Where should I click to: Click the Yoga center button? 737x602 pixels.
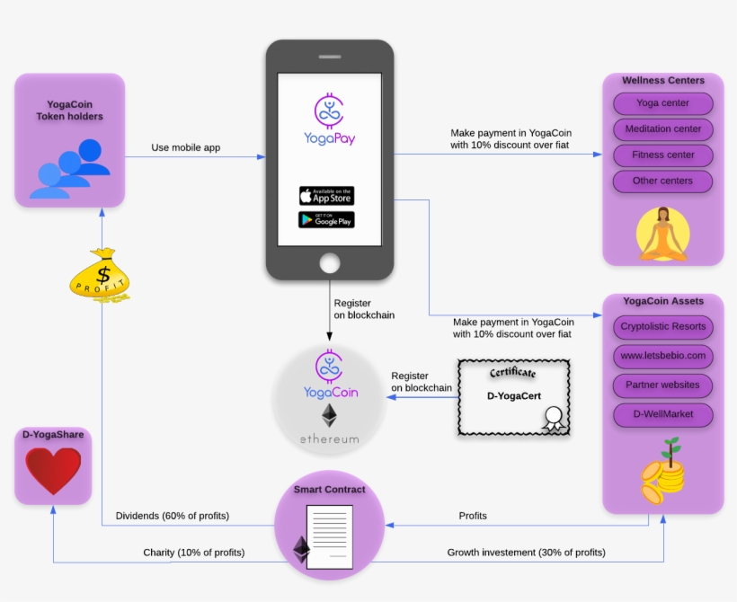coord(662,103)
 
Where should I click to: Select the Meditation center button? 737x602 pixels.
coord(662,129)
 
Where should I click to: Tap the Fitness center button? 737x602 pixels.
coord(662,155)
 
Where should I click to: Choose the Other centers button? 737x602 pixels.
coord(662,181)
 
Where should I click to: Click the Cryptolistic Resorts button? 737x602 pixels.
coord(662,326)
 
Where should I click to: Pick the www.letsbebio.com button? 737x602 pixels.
coord(662,356)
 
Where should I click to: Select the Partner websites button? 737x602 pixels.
coord(662,385)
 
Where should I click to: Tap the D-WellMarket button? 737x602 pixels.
coord(662,415)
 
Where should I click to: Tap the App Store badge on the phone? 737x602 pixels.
coord(326,195)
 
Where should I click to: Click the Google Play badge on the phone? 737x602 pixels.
coord(326,219)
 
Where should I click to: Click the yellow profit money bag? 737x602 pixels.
coord(101,274)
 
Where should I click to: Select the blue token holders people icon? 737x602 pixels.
coord(69,168)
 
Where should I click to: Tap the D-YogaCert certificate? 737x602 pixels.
coord(513,398)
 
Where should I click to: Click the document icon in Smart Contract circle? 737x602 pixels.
coord(329,536)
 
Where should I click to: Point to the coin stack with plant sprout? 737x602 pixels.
coord(662,471)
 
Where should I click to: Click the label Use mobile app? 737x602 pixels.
coord(185,147)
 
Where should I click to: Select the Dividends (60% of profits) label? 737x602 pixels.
coord(172,516)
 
